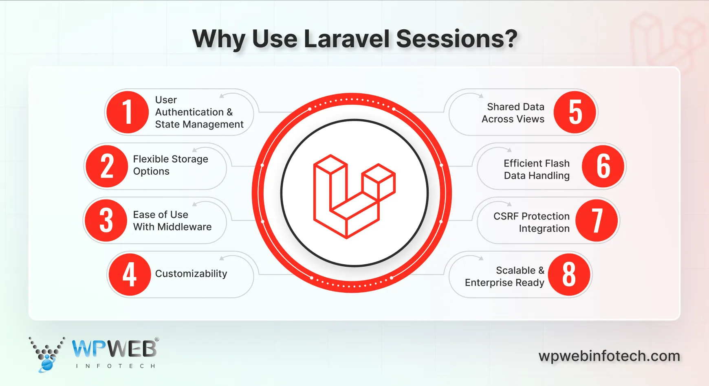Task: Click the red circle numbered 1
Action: pyautogui.click(x=127, y=112)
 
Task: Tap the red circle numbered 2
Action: pyautogui.click(x=107, y=166)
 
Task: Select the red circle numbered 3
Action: pyautogui.click(x=106, y=220)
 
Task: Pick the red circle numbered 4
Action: pyautogui.click(x=130, y=274)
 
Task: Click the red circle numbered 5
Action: pyautogui.click(x=575, y=112)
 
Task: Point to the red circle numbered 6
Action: pyautogui.click(x=603, y=166)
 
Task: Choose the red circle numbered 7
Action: pyautogui.click(x=597, y=220)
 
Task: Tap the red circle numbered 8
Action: pyautogui.click(x=569, y=274)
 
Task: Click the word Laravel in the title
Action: pyautogui.click(x=347, y=39)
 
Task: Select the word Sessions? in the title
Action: pyautogui.click(x=456, y=39)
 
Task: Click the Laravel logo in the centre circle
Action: pyautogui.click(x=354, y=196)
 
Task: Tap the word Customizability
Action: pyautogui.click(x=191, y=274)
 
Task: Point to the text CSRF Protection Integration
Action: pyautogui.click(x=531, y=222)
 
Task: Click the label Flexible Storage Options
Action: pyautogui.click(x=171, y=165)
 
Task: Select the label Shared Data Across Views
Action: pyautogui.click(x=513, y=113)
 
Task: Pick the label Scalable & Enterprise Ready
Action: pyautogui.click(x=505, y=276)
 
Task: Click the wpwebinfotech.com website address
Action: pyautogui.click(x=609, y=356)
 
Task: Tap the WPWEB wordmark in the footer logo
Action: pyautogui.click(x=114, y=349)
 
